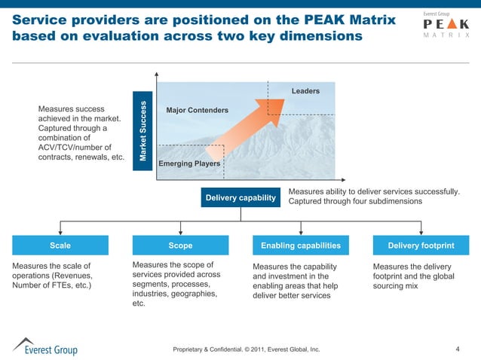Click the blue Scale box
(x=60, y=246)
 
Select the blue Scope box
(x=180, y=246)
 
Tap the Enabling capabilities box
(x=300, y=246)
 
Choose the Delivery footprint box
(x=421, y=246)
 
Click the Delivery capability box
(x=240, y=197)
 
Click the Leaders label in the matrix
(x=305, y=91)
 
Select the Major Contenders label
(x=197, y=111)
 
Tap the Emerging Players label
(x=189, y=163)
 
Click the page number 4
(x=458, y=349)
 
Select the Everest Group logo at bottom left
(x=44, y=346)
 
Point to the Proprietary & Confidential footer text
(x=247, y=349)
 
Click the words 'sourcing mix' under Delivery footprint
(x=395, y=286)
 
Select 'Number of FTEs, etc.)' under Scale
(x=52, y=285)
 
